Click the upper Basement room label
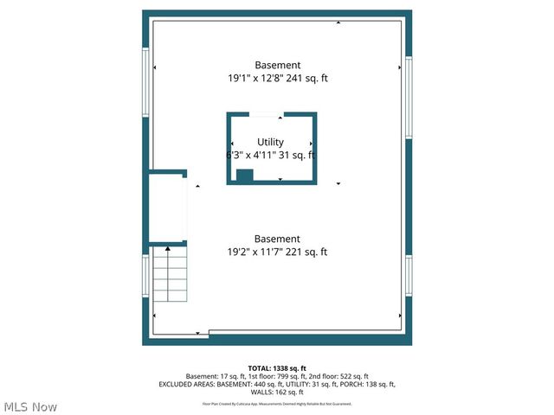pyautogui.click(x=277, y=65)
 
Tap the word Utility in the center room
pyautogui.click(x=270, y=142)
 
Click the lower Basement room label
pyautogui.click(x=277, y=239)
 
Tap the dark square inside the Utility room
pyautogui.click(x=244, y=176)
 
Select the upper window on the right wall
pyautogui.click(x=408, y=97)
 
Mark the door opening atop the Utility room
pyautogui.click(x=265, y=114)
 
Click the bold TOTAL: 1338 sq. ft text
pyautogui.click(x=277, y=367)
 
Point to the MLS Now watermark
pyautogui.click(x=31, y=406)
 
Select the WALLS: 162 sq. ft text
pyautogui.click(x=277, y=392)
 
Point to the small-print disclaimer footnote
pyautogui.click(x=277, y=404)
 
